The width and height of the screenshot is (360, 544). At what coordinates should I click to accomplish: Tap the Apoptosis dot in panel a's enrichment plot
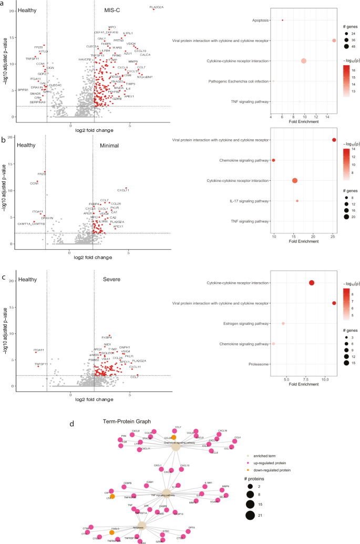pos(282,20)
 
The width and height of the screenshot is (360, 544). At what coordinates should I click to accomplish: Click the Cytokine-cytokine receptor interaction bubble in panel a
pos(303,61)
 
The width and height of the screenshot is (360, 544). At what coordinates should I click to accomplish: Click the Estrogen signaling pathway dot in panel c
pos(283,324)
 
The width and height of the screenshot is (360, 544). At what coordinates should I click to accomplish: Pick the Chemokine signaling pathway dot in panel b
pos(273,160)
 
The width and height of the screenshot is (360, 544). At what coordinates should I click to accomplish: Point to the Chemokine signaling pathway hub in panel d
pos(175,445)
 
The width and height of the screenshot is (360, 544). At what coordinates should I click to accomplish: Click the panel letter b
pos(4,140)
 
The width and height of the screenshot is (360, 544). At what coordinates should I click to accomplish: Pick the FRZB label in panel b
pos(42,174)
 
